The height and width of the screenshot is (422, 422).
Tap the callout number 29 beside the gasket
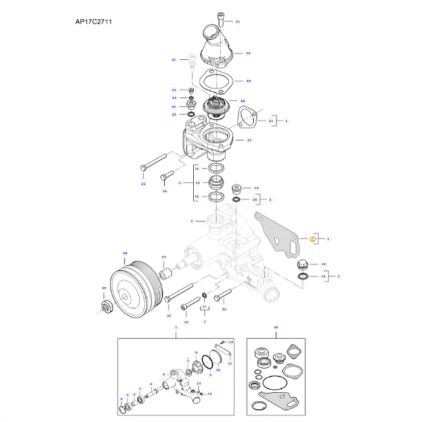[x=248, y=81]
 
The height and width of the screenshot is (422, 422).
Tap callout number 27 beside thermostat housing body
[x=248, y=139]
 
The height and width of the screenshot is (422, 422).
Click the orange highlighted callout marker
[x=313, y=239]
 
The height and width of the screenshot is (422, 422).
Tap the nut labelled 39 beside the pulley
[x=106, y=306]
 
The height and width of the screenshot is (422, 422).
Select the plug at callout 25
[x=303, y=264]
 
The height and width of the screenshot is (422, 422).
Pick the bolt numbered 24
[x=223, y=295]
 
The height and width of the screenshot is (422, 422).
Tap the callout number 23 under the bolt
[x=186, y=323]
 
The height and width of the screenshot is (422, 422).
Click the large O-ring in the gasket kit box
[x=277, y=380]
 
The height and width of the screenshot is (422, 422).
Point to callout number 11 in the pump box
[x=230, y=364]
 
